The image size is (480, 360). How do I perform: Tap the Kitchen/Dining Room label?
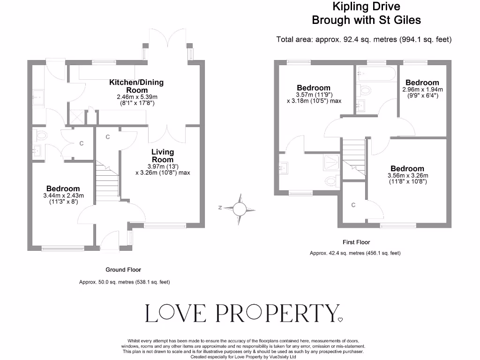[136, 86]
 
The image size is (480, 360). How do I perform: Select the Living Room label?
[163, 156]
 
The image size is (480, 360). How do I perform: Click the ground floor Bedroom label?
[63, 188]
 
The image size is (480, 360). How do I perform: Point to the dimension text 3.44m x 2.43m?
[63, 195]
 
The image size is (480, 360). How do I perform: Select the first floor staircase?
[354, 157]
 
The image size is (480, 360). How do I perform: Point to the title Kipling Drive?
[366, 7]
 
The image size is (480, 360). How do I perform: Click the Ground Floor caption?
[123, 270]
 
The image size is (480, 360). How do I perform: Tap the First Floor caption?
[356, 242]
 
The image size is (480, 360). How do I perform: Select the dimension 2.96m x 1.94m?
[422, 90]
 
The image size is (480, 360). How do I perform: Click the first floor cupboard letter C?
[353, 205]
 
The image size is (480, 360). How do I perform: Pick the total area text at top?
[364, 39]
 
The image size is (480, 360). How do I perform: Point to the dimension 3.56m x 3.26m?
[407, 176]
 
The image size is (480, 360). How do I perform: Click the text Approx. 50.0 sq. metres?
[124, 282]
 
